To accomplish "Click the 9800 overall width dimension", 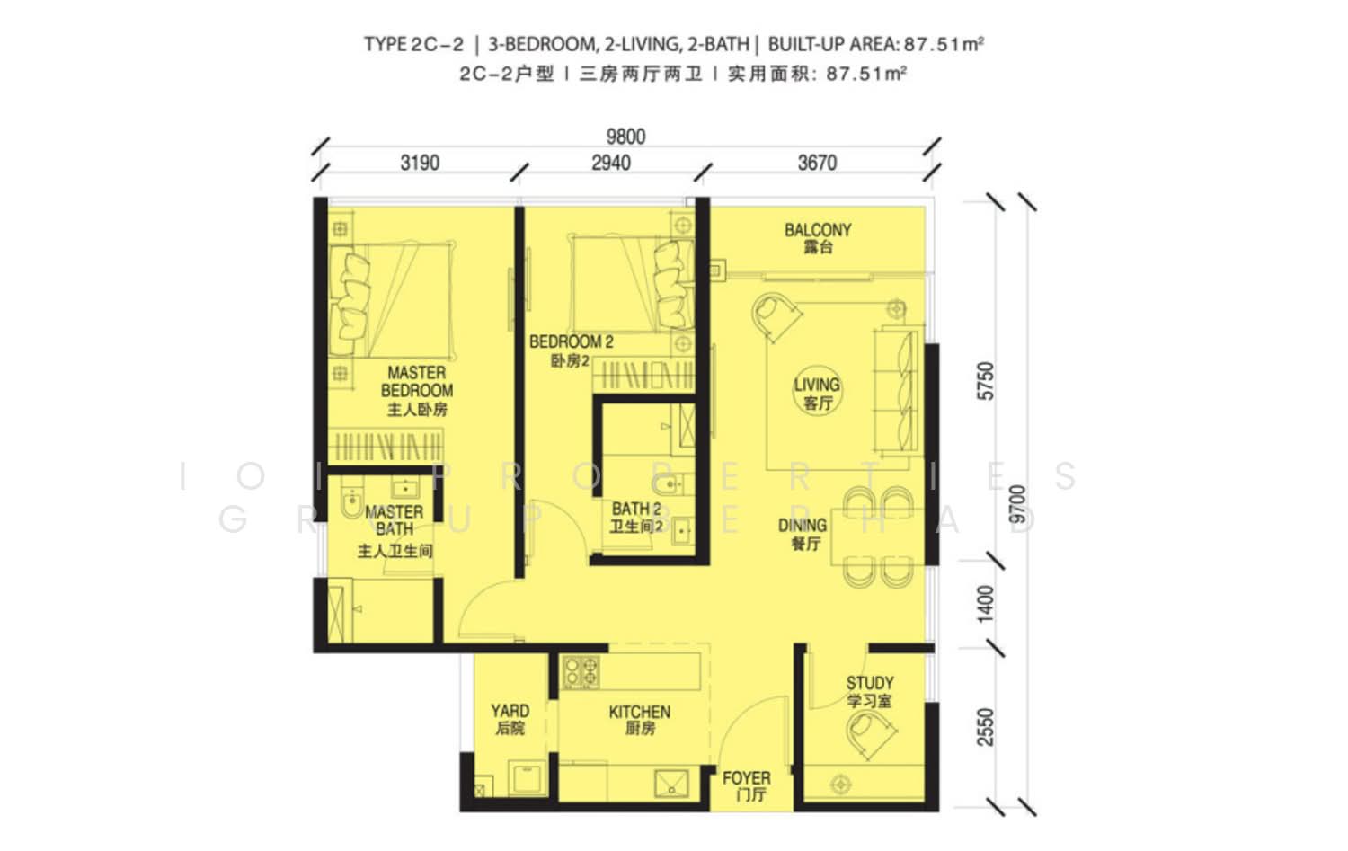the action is coord(625,137).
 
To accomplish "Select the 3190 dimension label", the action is coord(420,163).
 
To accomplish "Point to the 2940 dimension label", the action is coord(611,163).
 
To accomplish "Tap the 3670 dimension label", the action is coord(817,163).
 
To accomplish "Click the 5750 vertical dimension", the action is coord(986,381).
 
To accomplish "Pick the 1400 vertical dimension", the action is coord(986,604).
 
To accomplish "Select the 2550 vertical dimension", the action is coord(986,728).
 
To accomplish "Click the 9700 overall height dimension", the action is coord(1017,504).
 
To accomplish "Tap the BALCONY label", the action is coord(818,238).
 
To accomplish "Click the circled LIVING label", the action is coord(817,393).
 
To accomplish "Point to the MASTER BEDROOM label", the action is coord(417,391).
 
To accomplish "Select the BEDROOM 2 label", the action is coord(571,350).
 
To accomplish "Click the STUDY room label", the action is coord(870,692).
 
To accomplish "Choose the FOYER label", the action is coord(747,786).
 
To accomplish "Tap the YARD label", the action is coord(510,719).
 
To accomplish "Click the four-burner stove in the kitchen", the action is coord(581,672).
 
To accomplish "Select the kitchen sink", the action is coord(671,784).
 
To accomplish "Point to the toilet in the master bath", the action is coord(350,502).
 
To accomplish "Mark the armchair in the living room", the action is coord(776,316).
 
